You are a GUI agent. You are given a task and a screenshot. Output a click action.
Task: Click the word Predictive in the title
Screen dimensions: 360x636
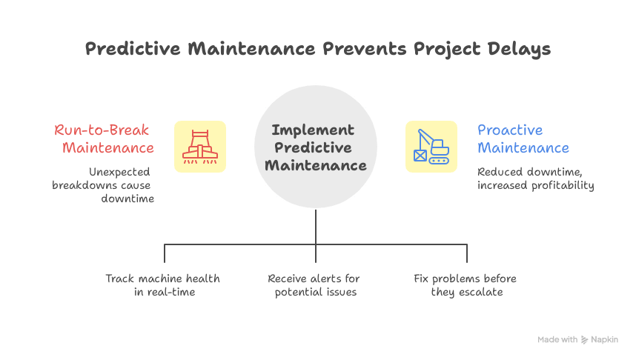point(130,50)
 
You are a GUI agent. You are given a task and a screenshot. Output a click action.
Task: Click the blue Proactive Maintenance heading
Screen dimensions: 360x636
point(523,139)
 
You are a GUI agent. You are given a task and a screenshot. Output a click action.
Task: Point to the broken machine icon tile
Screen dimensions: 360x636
point(200,146)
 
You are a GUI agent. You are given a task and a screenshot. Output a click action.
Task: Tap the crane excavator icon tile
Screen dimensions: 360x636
point(431,146)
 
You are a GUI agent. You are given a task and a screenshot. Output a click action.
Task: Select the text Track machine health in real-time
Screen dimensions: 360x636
point(162,285)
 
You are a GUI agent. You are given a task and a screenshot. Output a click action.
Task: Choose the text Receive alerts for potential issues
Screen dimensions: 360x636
point(314,285)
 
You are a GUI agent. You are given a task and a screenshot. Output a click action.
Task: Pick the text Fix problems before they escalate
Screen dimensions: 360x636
point(466,285)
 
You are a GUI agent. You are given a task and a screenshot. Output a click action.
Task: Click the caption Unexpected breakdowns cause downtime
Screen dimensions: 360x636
point(105,185)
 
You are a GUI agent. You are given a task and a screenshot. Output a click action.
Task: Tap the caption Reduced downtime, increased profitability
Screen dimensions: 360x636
point(535,179)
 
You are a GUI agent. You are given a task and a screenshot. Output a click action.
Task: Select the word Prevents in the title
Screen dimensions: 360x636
point(346,50)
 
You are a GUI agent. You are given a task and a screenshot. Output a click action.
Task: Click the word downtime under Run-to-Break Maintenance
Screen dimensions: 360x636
point(127,199)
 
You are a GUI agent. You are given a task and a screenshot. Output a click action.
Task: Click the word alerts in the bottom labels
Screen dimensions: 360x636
point(325,279)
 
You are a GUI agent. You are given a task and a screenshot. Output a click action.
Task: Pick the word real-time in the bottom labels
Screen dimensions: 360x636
point(175,292)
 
